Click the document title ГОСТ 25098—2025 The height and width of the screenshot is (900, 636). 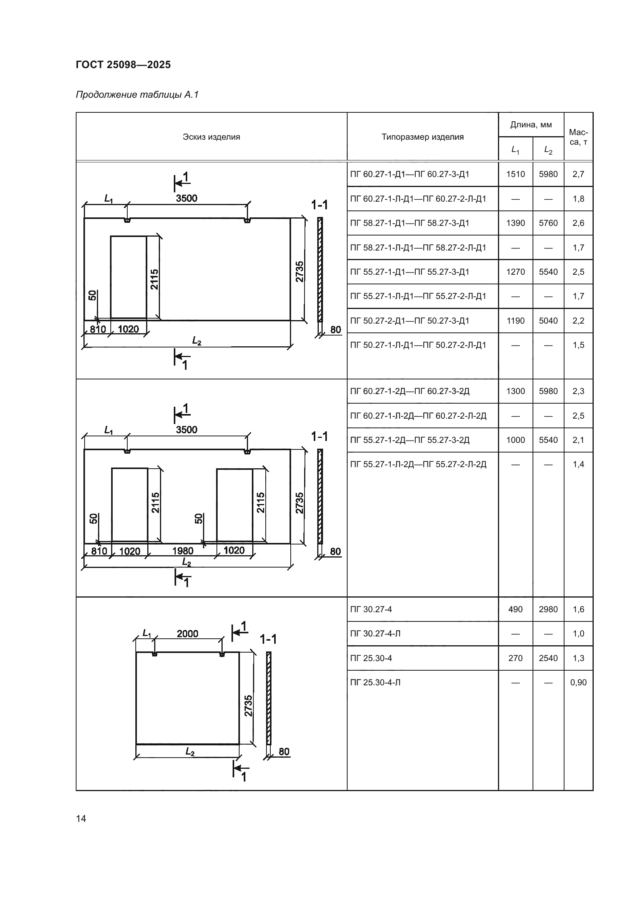[x=123, y=65]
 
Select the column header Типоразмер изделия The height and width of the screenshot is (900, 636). [x=422, y=137]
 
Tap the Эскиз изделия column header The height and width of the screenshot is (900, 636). [x=211, y=137]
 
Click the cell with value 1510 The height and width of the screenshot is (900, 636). [x=515, y=174]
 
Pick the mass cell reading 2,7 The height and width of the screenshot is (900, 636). [x=578, y=174]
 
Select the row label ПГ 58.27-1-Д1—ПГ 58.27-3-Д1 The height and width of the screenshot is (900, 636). [x=409, y=223]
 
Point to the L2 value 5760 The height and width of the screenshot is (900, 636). [x=548, y=223]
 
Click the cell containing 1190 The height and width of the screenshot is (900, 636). [x=515, y=321]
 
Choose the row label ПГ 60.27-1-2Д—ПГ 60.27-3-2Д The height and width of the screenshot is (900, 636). [x=410, y=391]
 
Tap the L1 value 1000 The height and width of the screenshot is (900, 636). [x=515, y=440]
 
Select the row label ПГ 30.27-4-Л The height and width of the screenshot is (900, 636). [x=375, y=634]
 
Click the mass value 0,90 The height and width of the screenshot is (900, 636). [x=578, y=683]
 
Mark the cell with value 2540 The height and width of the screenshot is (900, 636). [x=548, y=658]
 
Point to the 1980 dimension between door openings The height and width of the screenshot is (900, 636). [x=183, y=551]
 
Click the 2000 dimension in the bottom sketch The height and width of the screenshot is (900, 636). [x=187, y=634]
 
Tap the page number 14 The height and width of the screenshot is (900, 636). [x=81, y=818]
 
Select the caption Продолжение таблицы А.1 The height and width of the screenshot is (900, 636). [x=137, y=95]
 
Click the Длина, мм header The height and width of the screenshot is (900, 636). [x=531, y=125]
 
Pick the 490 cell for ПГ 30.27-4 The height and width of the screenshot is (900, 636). [x=515, y=609]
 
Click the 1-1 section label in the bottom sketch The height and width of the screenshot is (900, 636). [x=268, y=640]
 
